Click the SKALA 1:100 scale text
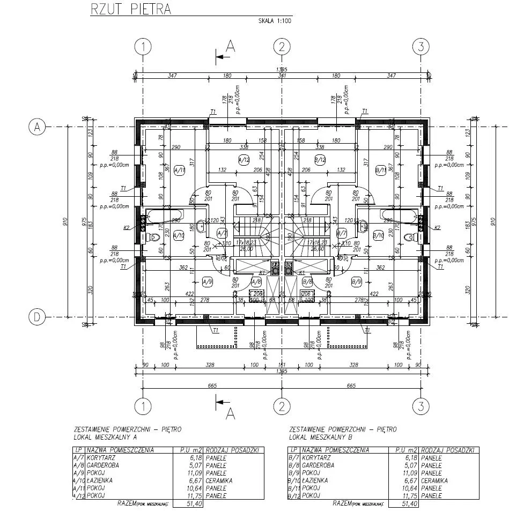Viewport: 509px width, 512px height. click(274, 21)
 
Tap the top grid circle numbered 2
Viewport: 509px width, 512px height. click(282, 47)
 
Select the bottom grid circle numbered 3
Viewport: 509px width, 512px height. click(421, 405)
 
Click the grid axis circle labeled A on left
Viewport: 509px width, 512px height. click(36, 127)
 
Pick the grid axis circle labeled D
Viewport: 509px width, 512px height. click(36, 317)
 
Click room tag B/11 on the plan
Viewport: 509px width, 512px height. click(381, 170)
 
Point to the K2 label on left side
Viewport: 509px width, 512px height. click(127, 228)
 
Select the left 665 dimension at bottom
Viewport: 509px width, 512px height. click(212, 385)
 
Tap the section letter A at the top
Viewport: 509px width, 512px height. click(231, 46)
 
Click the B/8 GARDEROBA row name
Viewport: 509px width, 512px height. click(318, 466)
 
